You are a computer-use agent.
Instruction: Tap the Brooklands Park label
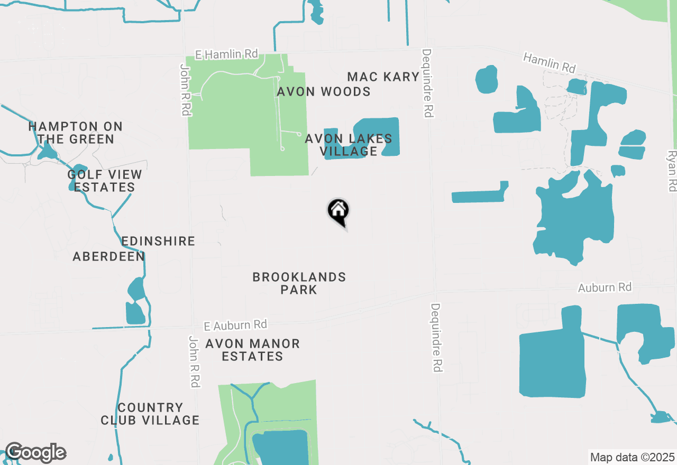point(299,283)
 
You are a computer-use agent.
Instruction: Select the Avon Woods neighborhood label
point(324,92)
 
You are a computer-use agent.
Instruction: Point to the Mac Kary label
point(383,77)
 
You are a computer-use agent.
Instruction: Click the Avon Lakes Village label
point(349,145)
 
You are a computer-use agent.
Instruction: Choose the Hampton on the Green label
point(75,133)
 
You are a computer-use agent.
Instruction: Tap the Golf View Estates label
point(105,181)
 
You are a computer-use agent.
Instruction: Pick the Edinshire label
point(158,241)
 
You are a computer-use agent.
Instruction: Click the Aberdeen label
point(109,257)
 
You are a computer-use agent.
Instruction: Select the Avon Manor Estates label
point(252,350)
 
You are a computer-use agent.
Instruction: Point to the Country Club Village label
point(150,414)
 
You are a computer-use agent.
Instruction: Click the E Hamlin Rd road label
point(226,54)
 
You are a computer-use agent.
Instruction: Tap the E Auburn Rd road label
point(236,324)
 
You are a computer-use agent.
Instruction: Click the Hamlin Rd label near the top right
point(549,62)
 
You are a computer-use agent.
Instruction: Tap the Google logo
point(35,453)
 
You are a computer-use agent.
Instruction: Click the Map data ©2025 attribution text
point(632,457)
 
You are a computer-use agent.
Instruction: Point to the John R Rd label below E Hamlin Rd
point(185,90)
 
